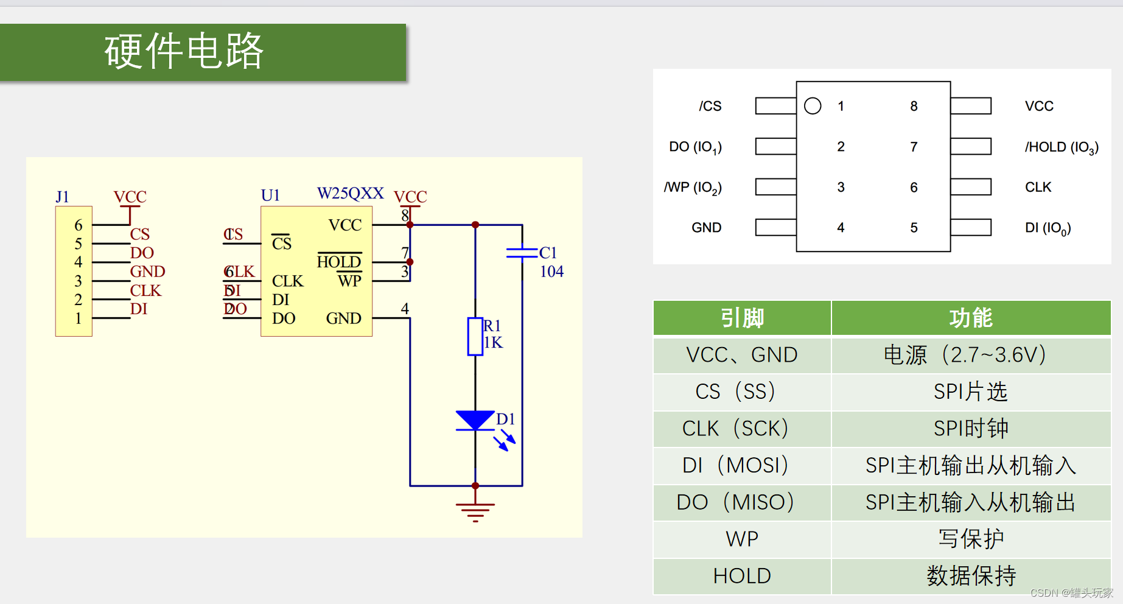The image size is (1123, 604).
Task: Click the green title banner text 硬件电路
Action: pyautogui.click(x=184, y=51)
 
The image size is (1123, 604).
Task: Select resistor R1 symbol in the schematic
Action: pyautogui.click(x=475, y=336)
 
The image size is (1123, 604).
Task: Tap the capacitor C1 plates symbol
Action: pyautogui.click(x=522, y=252)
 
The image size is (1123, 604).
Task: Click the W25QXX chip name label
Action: pyautogui.click(x=350, y=194)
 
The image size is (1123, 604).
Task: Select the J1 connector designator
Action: pyautogui.click(x=62, y=197)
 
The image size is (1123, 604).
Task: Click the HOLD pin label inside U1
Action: pyautogui.click(x=339, y=262)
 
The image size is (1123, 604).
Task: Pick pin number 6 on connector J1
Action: pyautogui.click(x=78, y=225)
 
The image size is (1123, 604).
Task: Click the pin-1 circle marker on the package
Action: pyautogui.click(x=813, y=106)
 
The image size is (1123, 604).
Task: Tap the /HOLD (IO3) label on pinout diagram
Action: pyautogui.click(x=1062, y=147)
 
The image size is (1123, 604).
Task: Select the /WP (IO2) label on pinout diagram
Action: pyautogui.click(x=693, y=188)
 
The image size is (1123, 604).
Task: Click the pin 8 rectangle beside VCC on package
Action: pyautogui.click(x=971, y=106)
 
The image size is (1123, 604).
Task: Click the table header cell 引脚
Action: pyautogui.click(x=742, y=318)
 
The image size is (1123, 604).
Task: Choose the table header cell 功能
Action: pyautogui.click(x=971, y=318)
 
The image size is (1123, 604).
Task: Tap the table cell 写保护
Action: pyautogui.click(x=971, y=539)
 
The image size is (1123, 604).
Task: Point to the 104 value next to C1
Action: pyautogui.click(x=551, y=272)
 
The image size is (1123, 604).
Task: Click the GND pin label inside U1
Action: pyautogui.click(x=343, y=318)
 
